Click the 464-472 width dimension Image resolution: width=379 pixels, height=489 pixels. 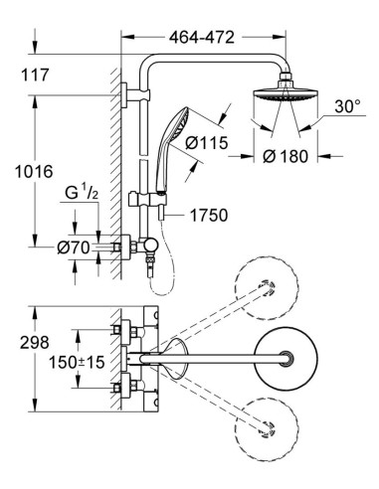(x=202, y=38)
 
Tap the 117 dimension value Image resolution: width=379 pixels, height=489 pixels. (x=35, y=75)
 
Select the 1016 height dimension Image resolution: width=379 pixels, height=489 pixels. (x=34, y=172)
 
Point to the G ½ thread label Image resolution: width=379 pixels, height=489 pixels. (x=82, y=193)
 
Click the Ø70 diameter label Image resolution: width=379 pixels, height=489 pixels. (x=74, y=247)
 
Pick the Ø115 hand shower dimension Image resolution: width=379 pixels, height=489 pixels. (x=207, y=143)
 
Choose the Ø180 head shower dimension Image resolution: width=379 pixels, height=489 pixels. (x=285, y=156)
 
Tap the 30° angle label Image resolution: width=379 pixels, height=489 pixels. (x=347, y=107)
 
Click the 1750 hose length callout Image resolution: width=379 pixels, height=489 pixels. (x=209, y=215)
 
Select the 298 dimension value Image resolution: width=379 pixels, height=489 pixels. (x=35, y=343)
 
